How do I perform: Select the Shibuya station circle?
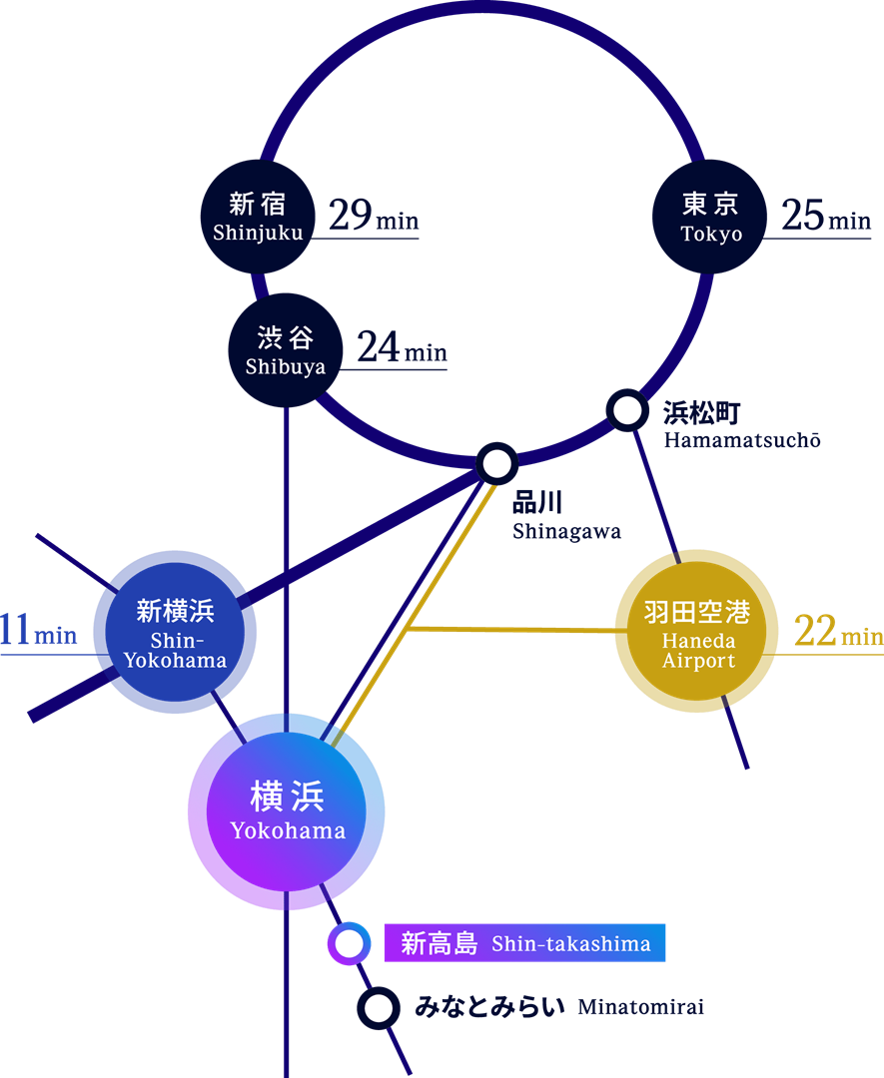[286, 350]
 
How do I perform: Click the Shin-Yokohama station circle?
[176, 633]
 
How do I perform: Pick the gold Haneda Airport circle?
[697, 632]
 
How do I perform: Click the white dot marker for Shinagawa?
[496, 463]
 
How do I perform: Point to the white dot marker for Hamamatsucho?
[627, 409]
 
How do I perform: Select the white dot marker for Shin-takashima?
[350, 943]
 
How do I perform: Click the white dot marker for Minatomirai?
[379, 1007]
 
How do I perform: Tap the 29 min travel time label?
[373, 217]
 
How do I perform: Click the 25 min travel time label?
[826, 217]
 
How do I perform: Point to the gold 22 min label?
[837, 633]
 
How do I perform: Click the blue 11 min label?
[38, 633]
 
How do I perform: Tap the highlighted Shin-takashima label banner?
[524, 943]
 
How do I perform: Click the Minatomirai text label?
[558, 1007]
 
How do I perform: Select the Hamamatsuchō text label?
[740, 424]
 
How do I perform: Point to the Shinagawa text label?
[565, 516]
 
